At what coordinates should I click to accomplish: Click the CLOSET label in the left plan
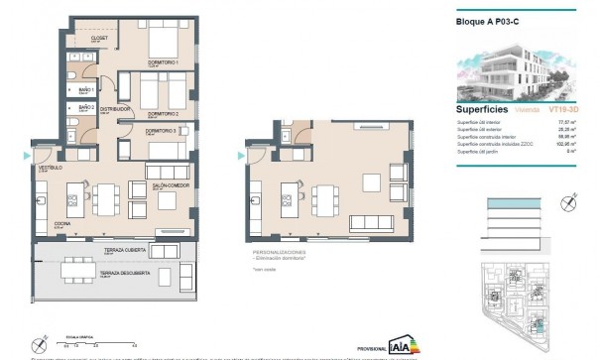coord(99,39)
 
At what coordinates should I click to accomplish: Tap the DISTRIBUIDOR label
coord(118,110)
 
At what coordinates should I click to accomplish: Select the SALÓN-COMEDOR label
coord(171,185)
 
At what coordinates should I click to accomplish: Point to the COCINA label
coord(60,226)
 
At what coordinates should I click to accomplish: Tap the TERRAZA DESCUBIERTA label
coord(125,273)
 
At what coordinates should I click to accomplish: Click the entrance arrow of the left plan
coord(26,156)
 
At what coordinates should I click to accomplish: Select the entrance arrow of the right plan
coord(243,154)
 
